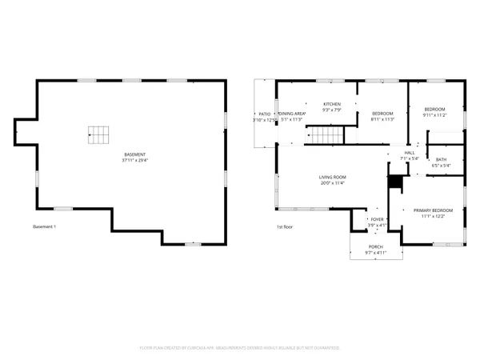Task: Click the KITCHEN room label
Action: pyautogui.click(x=332, y=104)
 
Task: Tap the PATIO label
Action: pyautogui.click(x=263, y=114)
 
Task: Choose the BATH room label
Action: pyautogui.click(x=441, y=159)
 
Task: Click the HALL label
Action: pyautogui.click(x=410, y=152)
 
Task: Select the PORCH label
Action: pyautogui.click(x=376, y=246)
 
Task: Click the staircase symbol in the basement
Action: pyautogui.click(x=98, y=134)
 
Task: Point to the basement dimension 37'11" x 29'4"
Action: pyautogui.click(x=135, y=161)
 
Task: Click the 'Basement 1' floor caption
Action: pyautogui.click(x=45, y=227)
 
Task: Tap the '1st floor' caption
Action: pyautogui.click(x=285, y=227)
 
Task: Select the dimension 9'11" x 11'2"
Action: pyautogui.click(x=434, y=115)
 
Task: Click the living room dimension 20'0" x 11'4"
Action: pyautogui.click(x=332, y=183)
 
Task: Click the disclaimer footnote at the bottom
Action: pyautogui.click(x=240, y=348)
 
